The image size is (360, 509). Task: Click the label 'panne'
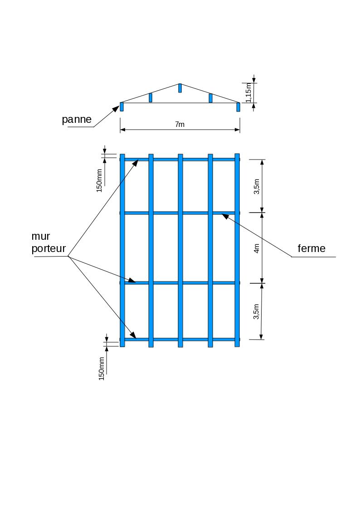[x=77, y=120]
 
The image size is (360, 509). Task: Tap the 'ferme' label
[x=311, y=248]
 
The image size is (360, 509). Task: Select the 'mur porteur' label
[x=49, y=242]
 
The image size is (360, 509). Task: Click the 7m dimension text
[x=180, y=125]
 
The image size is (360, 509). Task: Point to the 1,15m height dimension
[x=248, y=93]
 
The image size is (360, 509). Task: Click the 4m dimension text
[x=257, y=248]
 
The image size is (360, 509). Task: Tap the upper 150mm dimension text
[x=99, y=180]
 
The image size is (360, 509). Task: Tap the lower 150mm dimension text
[x=102, y=368]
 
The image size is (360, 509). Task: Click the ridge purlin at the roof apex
[x=180, y=88]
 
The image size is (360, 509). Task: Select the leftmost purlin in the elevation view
[x=122, y=107]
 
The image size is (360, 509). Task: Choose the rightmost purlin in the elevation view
[x=238, y=107]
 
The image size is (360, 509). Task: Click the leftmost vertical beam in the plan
[x=122, y=249]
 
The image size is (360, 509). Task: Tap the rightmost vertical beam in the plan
[x=237, y=249]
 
